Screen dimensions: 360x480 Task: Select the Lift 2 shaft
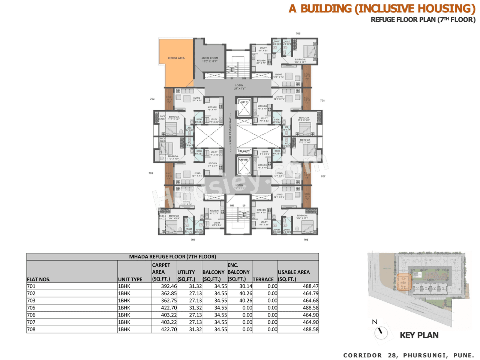[x=244, y=108]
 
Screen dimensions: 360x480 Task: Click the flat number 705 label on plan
[x=298, y=34]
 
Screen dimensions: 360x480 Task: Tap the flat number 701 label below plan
[x=193, y=240]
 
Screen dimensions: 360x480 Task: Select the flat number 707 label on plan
[x=323, y=176]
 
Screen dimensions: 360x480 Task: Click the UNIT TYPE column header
[x=130, y=279]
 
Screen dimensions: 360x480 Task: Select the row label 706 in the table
[x=31, y=315]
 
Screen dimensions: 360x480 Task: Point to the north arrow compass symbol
[x=381, y=331]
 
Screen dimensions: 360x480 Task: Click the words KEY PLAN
[x=419, y=335]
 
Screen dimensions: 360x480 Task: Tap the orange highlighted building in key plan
[x=404, y=282]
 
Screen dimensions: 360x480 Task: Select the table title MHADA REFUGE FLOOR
[x=172, y=257]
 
